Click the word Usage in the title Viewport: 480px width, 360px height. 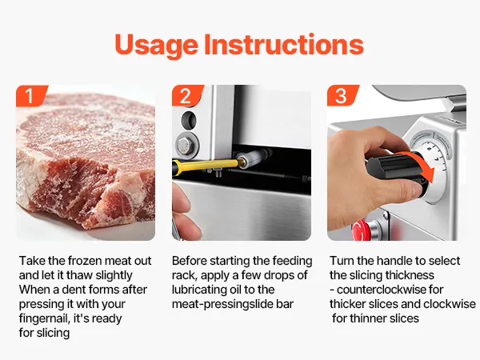click(157, 46)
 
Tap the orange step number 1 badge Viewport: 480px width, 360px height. click(31, 95)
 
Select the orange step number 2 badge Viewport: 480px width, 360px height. click(187, 95)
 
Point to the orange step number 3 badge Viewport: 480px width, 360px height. click(342, 95)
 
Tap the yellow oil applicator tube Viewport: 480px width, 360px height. click(206, 165)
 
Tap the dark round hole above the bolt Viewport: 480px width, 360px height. click(189, 120)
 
